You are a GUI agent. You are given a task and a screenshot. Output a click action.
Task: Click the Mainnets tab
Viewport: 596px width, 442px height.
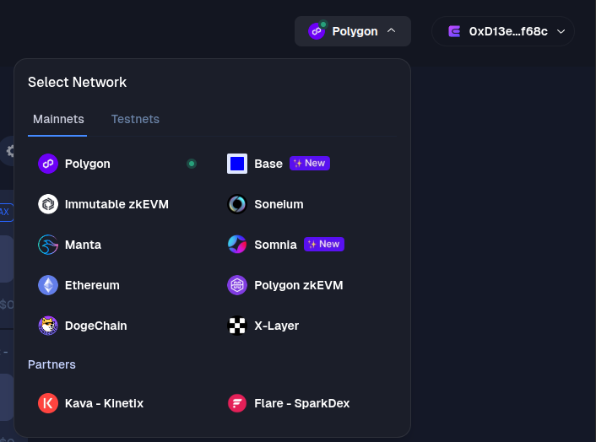58,119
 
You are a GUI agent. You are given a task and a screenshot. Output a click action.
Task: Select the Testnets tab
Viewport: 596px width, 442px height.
135,119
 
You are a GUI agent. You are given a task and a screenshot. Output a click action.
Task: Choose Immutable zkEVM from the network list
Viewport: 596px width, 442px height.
116,204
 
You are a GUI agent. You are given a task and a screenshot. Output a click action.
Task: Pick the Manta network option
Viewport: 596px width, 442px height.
82,245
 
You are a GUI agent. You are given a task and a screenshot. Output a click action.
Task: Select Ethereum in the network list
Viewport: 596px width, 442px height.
91,285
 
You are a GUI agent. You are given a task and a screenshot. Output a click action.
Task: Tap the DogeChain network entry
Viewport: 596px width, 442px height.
95,326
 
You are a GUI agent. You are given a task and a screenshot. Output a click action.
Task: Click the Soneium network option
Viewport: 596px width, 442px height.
278,204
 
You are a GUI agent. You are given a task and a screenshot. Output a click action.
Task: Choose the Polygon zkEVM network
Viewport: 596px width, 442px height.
298,285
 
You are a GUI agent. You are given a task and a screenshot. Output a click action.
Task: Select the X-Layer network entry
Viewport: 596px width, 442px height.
276,326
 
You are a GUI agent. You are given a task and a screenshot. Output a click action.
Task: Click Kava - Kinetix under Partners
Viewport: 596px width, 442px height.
103,403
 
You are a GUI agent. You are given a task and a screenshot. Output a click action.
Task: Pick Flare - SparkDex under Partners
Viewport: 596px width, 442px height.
301,403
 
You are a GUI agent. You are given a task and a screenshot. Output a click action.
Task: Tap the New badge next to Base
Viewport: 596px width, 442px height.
310,163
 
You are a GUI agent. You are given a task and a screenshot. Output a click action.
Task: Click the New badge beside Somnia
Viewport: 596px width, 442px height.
324,244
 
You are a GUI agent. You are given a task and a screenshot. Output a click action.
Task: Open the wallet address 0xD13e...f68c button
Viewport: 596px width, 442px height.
503,31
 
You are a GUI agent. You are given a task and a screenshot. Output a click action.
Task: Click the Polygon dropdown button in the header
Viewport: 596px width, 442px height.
352,31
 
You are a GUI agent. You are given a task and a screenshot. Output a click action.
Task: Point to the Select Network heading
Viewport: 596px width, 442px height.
77,82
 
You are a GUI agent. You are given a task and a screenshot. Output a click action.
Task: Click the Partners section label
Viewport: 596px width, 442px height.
51,364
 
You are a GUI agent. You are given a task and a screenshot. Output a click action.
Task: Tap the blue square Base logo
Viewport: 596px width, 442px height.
237,164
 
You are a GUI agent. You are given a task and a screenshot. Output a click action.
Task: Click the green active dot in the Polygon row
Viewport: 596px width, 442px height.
192,164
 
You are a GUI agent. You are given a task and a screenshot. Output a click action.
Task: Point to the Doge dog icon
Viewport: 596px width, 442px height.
48,326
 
